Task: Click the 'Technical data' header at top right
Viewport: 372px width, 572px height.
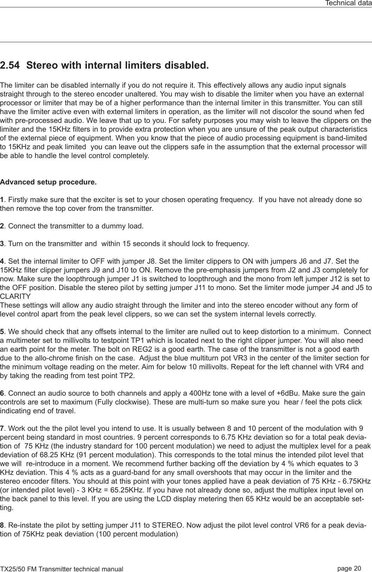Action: tap(348, 3)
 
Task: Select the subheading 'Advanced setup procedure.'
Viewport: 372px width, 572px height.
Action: tap(48, 182)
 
